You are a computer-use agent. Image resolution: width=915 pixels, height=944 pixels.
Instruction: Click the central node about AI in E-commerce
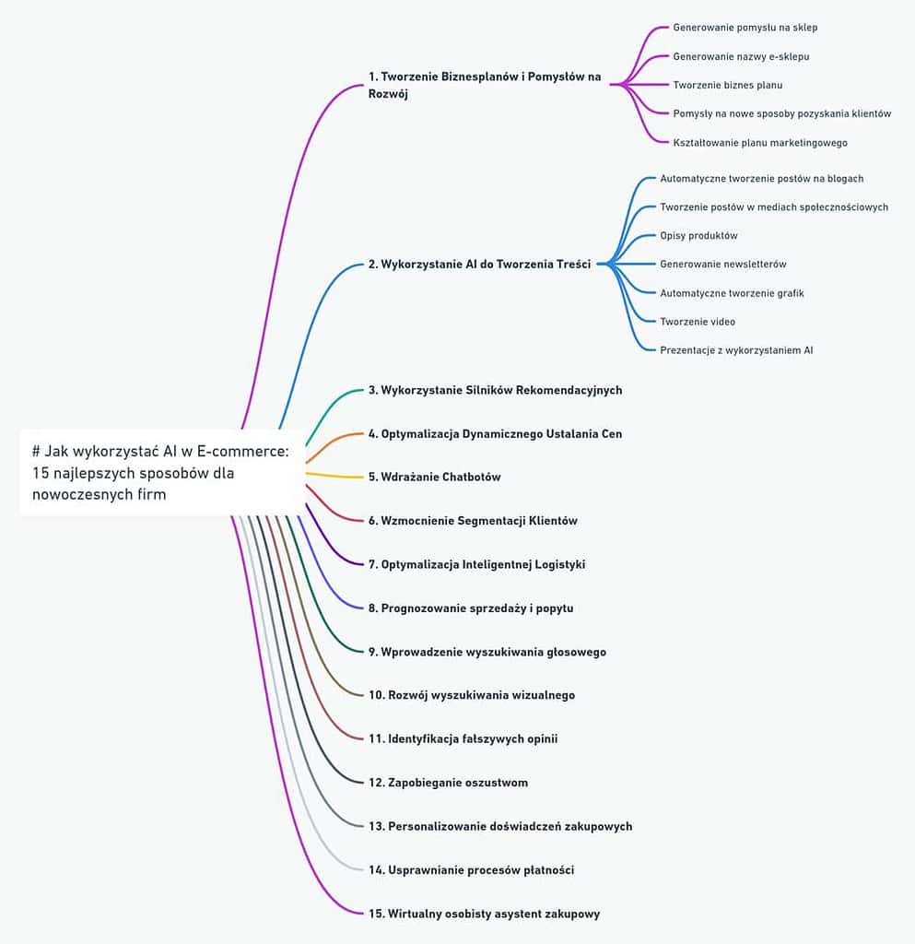tap(162, 473)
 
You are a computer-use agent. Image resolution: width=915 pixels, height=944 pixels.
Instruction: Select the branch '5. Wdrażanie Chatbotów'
tap(434, 477)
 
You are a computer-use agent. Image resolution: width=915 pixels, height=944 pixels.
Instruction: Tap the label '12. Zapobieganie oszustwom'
tap(448, 783)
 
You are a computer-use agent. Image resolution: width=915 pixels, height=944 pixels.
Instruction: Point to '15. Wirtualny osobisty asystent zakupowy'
tap(485, 914)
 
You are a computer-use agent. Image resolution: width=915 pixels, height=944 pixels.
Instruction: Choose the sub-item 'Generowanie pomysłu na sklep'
tap(745, 28)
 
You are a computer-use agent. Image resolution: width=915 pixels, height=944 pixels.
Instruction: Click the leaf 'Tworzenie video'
tap(698, 322)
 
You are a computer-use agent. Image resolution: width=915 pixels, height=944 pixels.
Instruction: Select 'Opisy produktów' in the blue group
tap(698, 235)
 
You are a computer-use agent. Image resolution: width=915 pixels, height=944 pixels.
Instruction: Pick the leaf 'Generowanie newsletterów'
tap(722, 264)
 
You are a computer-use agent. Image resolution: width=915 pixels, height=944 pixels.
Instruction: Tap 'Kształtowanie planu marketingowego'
tap(760, 143)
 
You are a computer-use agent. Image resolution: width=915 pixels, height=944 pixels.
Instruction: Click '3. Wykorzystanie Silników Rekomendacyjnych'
tap(495, 390)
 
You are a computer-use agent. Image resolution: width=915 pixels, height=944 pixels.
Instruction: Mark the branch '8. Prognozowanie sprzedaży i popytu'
tap(471, 608)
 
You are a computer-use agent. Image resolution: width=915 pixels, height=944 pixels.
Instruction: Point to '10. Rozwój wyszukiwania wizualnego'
tap(472, 695)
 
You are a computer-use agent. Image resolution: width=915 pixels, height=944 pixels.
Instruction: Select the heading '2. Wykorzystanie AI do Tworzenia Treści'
tap(479, 265)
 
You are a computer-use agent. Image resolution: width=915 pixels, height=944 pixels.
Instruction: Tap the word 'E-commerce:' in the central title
tap(243, 451)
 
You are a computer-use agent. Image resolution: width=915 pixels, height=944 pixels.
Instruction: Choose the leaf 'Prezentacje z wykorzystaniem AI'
tap(736, 350)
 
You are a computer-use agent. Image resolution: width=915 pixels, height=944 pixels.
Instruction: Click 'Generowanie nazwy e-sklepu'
tap(741, 56)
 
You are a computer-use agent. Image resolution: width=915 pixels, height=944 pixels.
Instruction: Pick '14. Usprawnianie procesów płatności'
tap(471, 870)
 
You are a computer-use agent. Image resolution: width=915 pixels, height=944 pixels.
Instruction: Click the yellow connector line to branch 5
tap(334, 477)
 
